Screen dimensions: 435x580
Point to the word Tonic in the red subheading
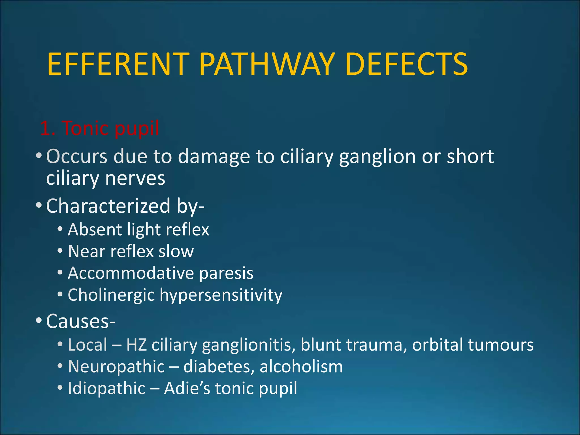(x=86, y=128)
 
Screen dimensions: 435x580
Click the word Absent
(x=95, y=229)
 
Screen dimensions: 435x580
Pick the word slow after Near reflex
(x=176, y=251)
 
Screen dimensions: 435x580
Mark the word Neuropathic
(x=116, y=367)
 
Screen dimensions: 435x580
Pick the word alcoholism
(x=301, y=366)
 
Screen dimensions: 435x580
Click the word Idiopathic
(x=106, y=389)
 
